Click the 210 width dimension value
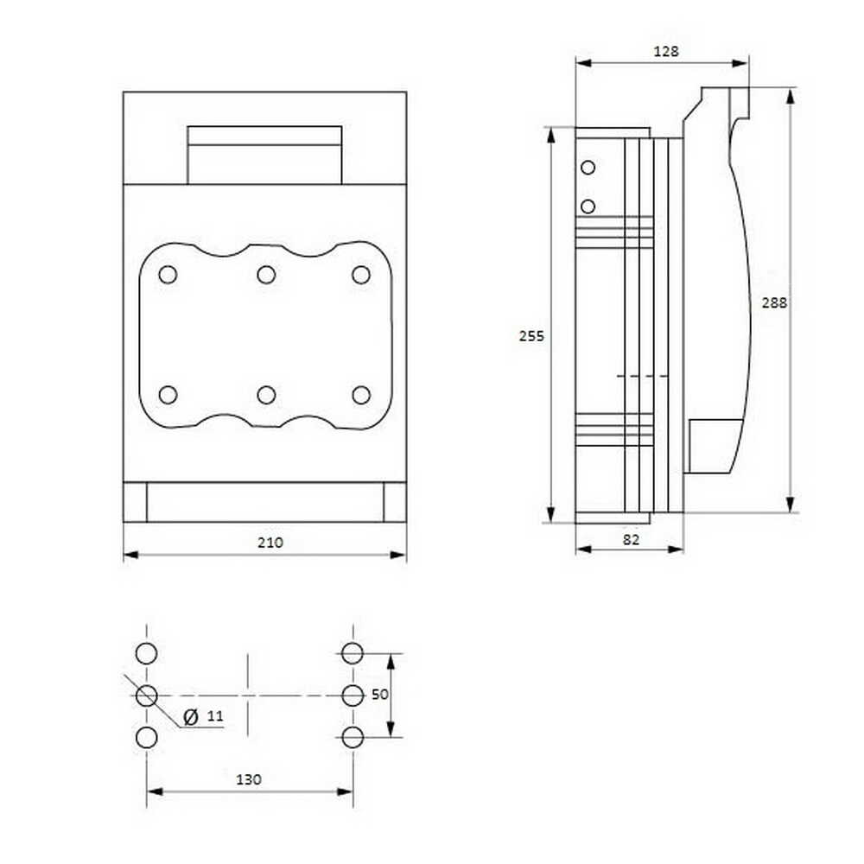coord(270,543)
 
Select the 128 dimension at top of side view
coord(665,51)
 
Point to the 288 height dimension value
coord(774,302)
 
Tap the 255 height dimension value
coord(531,335)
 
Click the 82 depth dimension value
coord(631,540)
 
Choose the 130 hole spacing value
coord(249,779)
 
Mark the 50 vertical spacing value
coord(379,695)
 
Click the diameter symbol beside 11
coord(191,717)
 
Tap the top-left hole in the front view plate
coord(168,275)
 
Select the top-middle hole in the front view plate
coord(266,275)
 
